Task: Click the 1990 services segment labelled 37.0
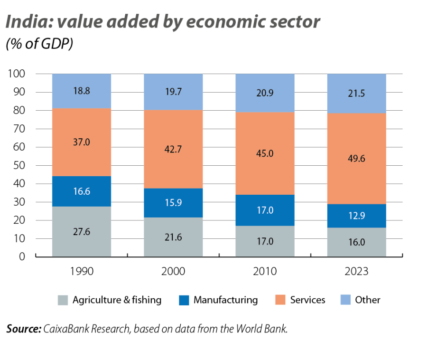pos(81,142)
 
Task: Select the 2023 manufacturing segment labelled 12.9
pos(356,216)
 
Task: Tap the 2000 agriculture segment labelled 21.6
pos(173,237)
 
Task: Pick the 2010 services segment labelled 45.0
pos(265,153)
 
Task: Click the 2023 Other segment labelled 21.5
pos(356,93)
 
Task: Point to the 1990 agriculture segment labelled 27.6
pos(81,231)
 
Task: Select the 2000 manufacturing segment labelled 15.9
pos(173,203)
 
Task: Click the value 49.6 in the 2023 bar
pos(356,159)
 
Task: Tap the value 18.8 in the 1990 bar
pos(81,91)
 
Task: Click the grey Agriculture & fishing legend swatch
pos(63,300)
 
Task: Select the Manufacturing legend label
pos(225,300)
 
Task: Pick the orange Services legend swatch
pos(280,300)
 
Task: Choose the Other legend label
pos(367,300)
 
